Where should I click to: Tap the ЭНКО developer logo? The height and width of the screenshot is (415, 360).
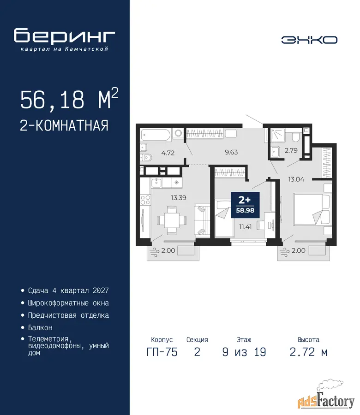309,40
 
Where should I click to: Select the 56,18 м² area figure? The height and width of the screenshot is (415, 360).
69,99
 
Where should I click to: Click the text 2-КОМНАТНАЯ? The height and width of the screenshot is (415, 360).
64,125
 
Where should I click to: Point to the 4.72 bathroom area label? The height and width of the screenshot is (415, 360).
168,153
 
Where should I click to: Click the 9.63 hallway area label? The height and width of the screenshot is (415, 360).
231,152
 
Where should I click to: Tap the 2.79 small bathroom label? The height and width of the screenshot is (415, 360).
291,150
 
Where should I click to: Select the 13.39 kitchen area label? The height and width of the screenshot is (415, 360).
179,198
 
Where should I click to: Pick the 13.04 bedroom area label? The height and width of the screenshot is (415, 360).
296,179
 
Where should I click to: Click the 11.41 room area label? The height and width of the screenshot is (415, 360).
245,226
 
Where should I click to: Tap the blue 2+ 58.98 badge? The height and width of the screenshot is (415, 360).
245,205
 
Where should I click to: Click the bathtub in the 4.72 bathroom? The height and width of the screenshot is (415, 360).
156,135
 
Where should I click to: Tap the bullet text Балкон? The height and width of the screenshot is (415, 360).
40,328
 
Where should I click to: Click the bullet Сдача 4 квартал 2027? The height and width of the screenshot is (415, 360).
68,290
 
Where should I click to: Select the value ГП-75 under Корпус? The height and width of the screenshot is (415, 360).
162,352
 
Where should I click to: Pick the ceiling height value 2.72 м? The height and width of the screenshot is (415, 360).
309,352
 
